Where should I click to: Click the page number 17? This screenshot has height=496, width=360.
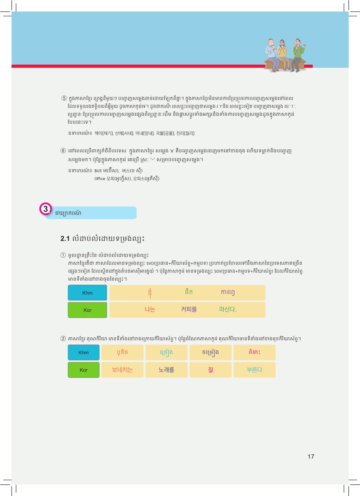(x=311, y=456)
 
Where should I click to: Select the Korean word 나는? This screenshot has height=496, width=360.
(x=150, y=310)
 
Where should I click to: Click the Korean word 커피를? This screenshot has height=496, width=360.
(x=189, y=310)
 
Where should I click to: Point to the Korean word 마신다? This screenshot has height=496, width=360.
(x=228, y=310)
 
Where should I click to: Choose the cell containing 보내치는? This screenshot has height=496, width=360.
(x=123, y=370)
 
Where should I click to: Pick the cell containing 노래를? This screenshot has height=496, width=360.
(x=167, y=370)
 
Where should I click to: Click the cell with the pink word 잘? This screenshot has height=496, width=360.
(x=211, y=370)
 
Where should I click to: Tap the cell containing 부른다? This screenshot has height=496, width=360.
(x=254, y=370)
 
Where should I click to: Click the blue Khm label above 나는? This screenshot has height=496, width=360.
(x=87, y=293)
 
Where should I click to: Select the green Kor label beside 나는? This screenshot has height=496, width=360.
(x=87, y=310)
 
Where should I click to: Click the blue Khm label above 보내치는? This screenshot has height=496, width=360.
(x=84, y=352)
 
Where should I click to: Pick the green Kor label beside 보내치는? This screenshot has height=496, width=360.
(x=84, y=370)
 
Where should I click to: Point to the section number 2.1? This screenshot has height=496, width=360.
(x=65, y=239)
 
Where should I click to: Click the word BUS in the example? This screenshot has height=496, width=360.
(x=98, y=170)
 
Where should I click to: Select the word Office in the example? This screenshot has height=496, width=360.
(x=100, y=178)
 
